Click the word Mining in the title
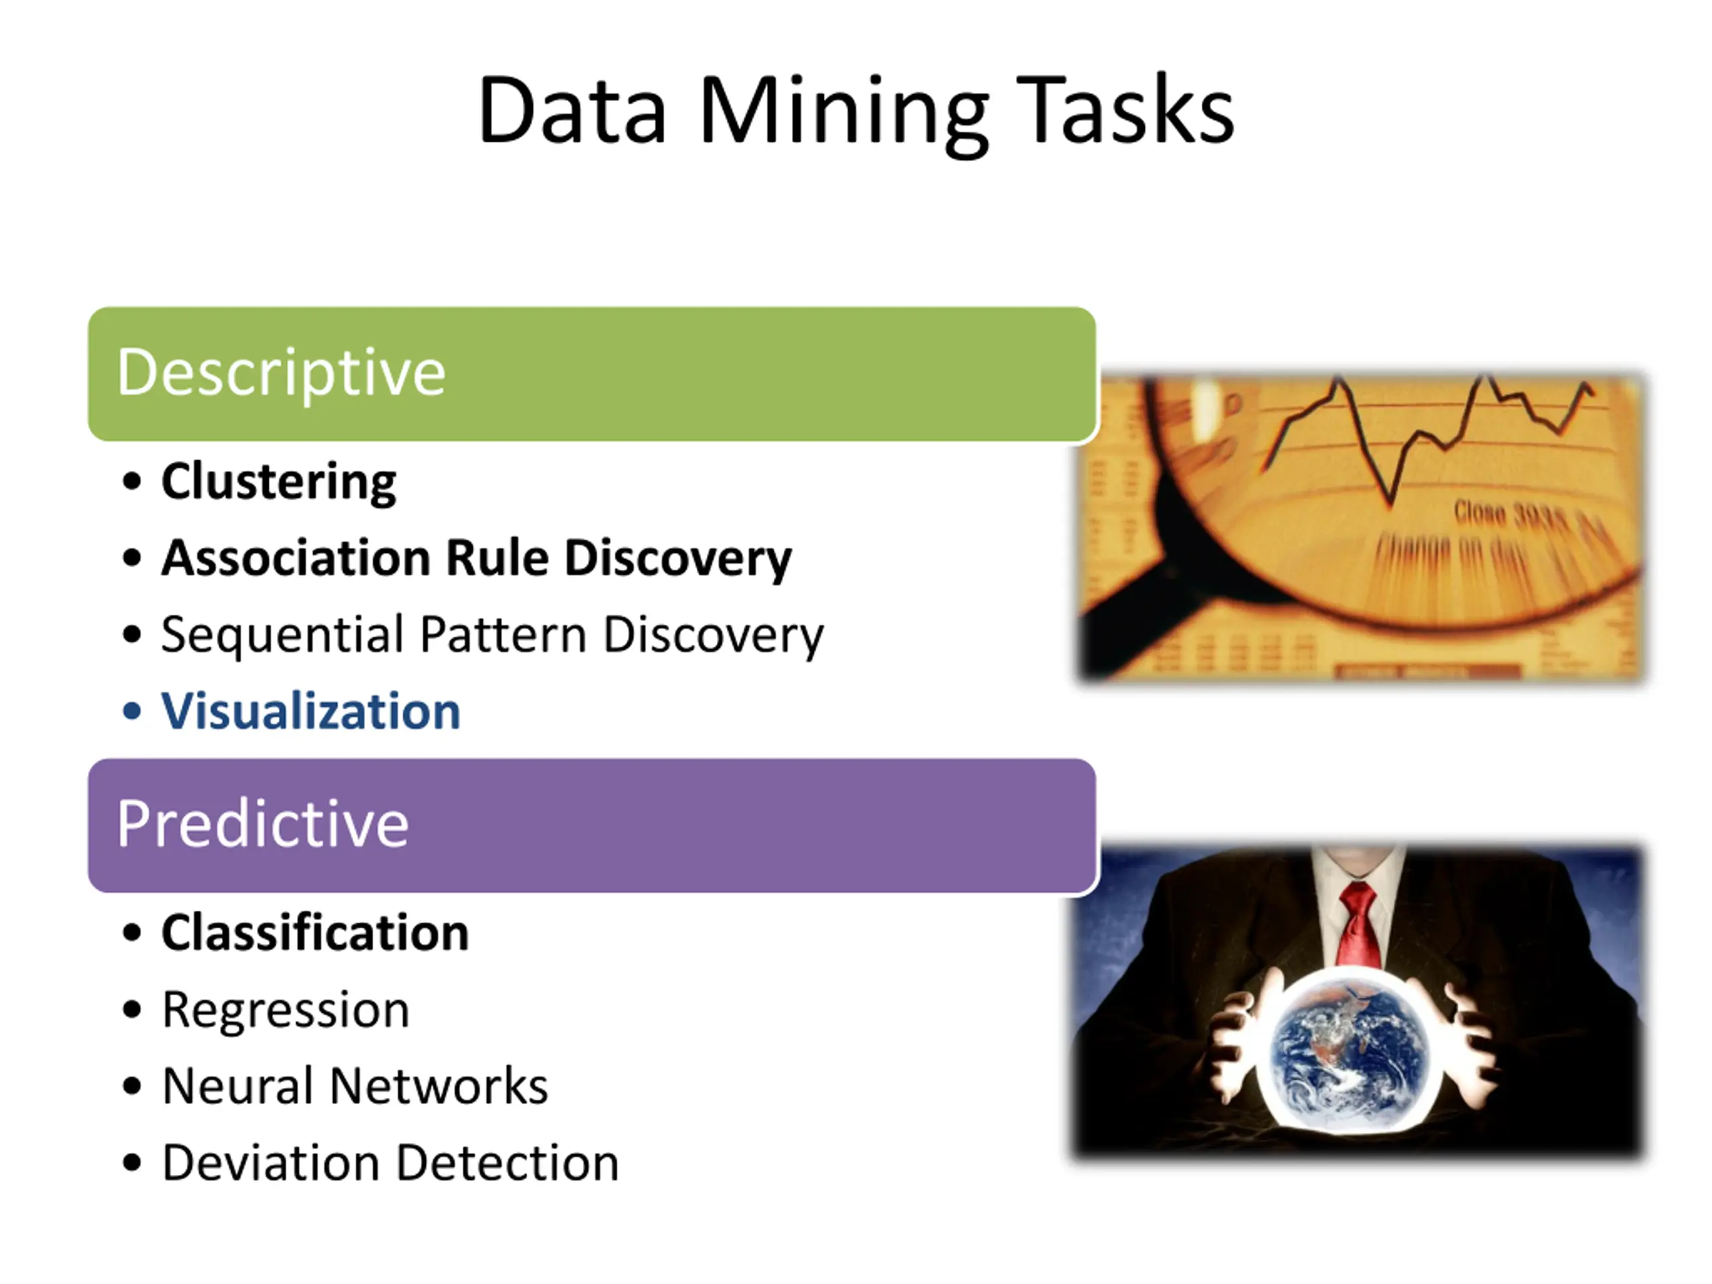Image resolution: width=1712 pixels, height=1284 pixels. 843,112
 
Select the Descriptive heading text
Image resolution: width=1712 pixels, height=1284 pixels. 281,373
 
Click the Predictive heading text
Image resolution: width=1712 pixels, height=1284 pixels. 262,825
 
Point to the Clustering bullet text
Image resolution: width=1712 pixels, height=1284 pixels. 279,482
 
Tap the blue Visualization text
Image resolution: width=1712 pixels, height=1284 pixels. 310,712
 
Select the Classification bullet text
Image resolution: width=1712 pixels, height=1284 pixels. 315,933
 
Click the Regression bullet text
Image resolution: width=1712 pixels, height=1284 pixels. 286,1010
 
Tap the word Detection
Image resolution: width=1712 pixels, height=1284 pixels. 508,1162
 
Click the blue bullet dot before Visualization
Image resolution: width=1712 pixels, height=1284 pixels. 132,712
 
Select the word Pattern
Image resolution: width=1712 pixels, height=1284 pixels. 503,635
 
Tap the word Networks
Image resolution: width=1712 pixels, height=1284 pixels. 439,1086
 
